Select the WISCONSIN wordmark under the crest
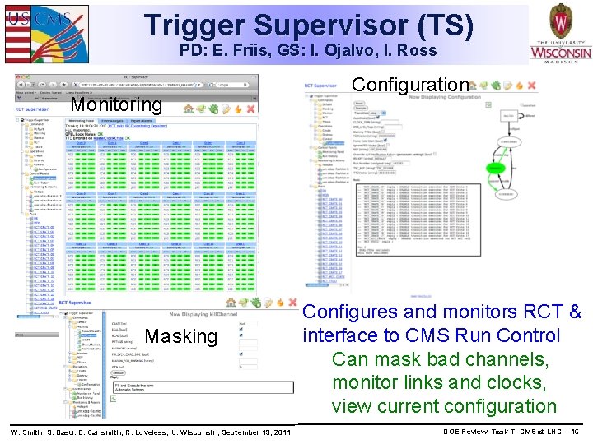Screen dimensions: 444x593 click(x=560, y=54)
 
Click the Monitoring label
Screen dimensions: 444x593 click(x=116, y=104)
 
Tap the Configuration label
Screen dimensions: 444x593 click(x=410, y=85)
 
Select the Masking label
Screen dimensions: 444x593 click(x=180, y=336)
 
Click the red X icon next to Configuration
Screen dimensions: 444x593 click(x=531, y=85)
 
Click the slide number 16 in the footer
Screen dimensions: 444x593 click(x=574, y=432)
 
